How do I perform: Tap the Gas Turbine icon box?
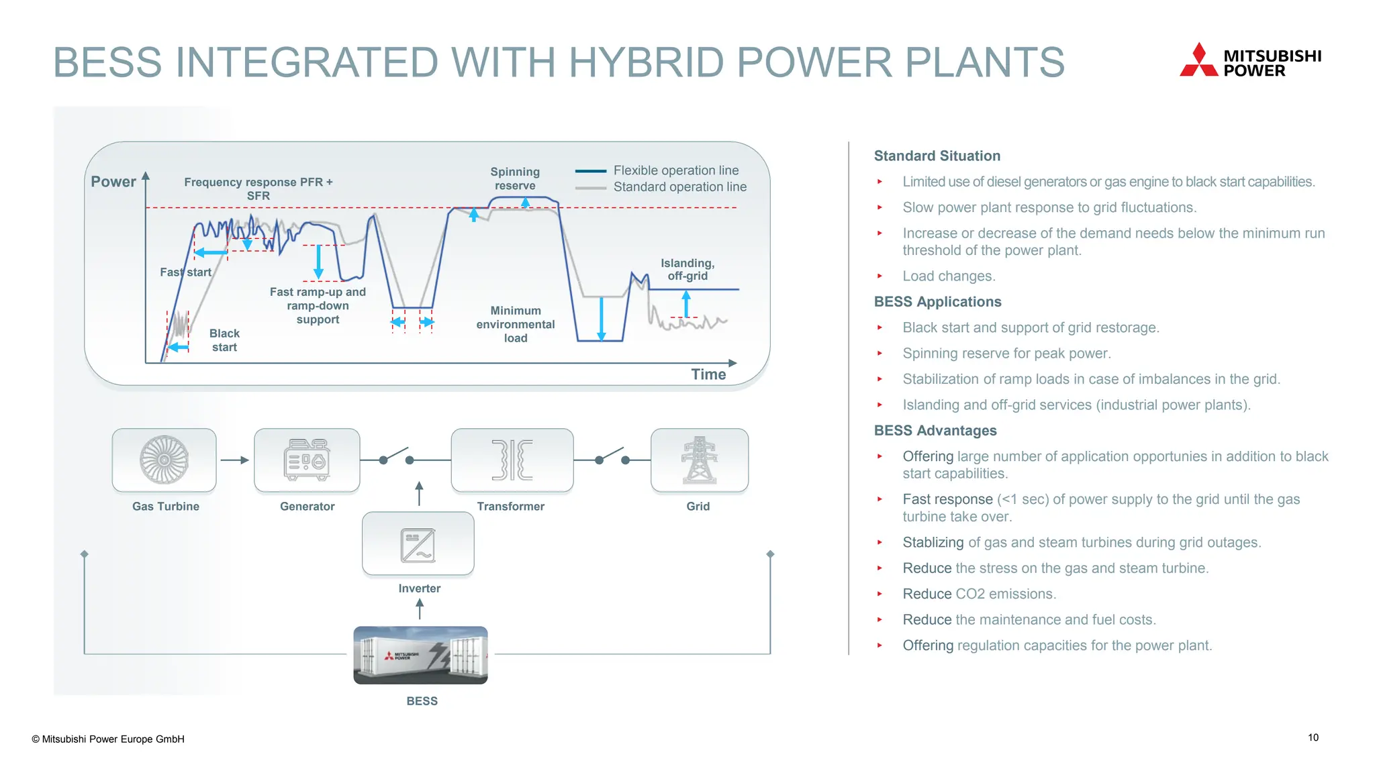coord(164,460)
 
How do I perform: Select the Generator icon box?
coord(307,460)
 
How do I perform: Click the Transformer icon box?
coord(512,460)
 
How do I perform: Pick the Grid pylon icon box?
coord(699,460)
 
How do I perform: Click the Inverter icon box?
coord(418,544)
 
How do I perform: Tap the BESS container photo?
coord(420,656)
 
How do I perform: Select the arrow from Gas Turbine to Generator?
coord(234,460)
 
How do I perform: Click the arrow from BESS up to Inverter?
coord(420,609)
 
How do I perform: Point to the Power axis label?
coord(113,182)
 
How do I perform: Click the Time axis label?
coord(708,374)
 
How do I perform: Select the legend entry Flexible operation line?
coord(675,170)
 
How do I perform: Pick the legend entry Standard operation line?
coord(679,187)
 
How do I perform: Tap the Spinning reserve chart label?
coord(515,178)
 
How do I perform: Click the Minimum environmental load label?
coord(516,324)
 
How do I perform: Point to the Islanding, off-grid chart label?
coord(687,269)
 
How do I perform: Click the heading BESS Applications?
coord(937,302)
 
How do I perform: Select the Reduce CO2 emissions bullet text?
coord(979,594)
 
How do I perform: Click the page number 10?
coord(1313,737)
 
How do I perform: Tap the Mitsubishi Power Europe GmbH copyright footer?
coord(108,739)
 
